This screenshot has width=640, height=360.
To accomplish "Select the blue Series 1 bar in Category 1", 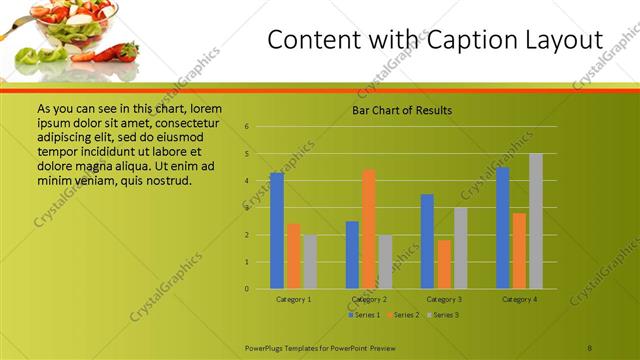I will (277, 230).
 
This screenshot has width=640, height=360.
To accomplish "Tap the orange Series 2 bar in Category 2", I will (369, 229).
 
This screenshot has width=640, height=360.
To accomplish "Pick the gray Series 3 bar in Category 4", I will (536, 221).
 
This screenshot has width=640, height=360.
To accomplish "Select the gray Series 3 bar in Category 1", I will (309, 262).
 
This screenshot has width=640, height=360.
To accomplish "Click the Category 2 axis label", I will (369, 299).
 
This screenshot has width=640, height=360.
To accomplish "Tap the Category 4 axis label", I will (520, 299).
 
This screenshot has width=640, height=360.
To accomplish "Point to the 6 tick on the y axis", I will (247, 127).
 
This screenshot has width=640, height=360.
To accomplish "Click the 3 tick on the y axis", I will (247, 208).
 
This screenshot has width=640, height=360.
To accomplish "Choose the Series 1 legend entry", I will (365, 315).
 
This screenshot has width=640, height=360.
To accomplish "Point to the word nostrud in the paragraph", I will (165, 181).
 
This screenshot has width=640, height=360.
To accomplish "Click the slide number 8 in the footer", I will (590, 346).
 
